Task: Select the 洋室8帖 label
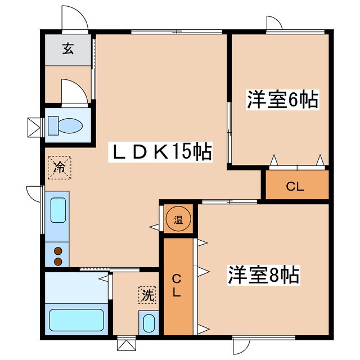click(x=263, y=276)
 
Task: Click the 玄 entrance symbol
click(x=68, y=49)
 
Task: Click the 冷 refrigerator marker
click(x=58, y=166)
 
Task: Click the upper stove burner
click(x=57, y=251)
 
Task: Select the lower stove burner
click(x=57, y=261)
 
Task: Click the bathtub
click(x=77, y=319)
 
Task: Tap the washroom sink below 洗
click(x=148, y=323)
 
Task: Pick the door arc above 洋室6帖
click(x=274, y=24)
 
